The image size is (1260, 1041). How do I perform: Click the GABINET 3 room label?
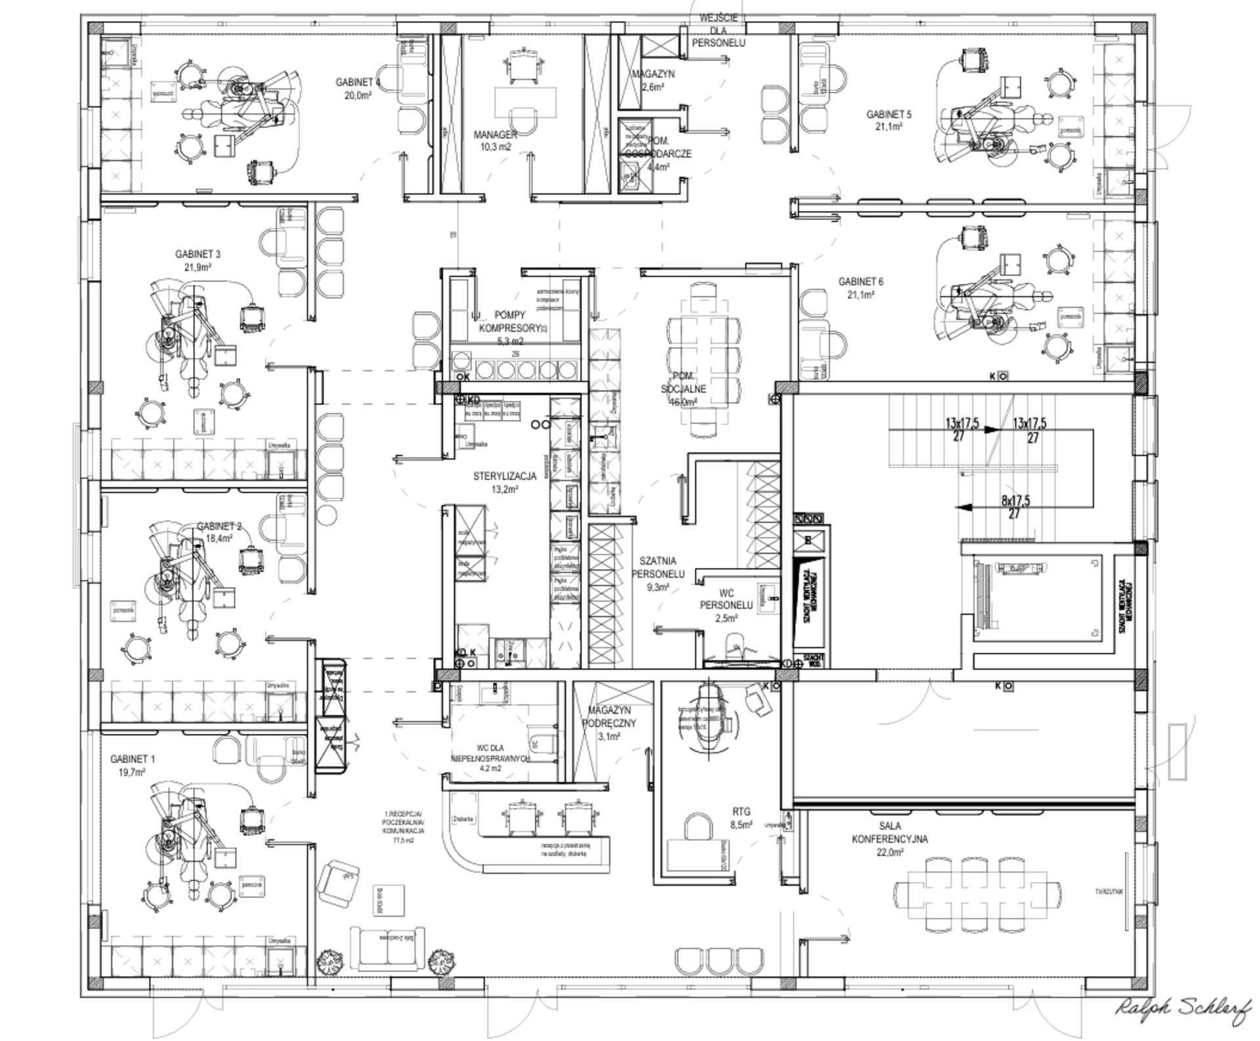198,254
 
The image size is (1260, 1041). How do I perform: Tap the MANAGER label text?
495,134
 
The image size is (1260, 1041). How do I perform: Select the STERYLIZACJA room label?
505,476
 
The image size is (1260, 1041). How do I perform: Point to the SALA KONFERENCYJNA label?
889,832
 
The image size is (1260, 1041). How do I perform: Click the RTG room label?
742,811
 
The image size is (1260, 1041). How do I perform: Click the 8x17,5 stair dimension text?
1015,500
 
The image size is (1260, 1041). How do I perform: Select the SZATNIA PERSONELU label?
658,567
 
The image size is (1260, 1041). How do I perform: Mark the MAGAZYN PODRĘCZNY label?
609,716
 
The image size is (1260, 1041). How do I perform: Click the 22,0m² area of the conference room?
890,852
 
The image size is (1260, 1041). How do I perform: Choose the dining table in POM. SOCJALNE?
704,357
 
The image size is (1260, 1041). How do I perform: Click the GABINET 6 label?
860,281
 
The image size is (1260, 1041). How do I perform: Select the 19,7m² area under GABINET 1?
131,772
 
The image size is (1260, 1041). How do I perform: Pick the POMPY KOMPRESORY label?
510,321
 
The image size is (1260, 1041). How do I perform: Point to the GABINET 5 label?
889,114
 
